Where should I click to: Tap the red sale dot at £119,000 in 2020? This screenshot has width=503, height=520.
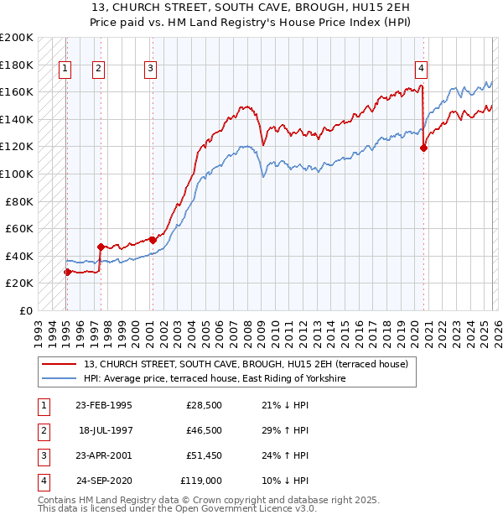[x=423, y=148]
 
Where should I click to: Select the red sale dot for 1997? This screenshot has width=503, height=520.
[x=101, y=247]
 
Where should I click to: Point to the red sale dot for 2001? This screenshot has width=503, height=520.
[x=153, y=240]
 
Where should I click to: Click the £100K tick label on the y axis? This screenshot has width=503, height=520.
[x=17, y=174]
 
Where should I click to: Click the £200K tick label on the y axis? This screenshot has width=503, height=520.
[x=17, y=38]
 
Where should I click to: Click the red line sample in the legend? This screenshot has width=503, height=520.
[x=60, y=365]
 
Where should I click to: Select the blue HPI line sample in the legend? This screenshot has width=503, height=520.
[x=60, y=379]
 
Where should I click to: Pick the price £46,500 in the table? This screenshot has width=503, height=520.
[x=204, y=430]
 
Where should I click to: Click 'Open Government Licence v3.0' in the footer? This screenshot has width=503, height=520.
[x=247, y=508]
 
